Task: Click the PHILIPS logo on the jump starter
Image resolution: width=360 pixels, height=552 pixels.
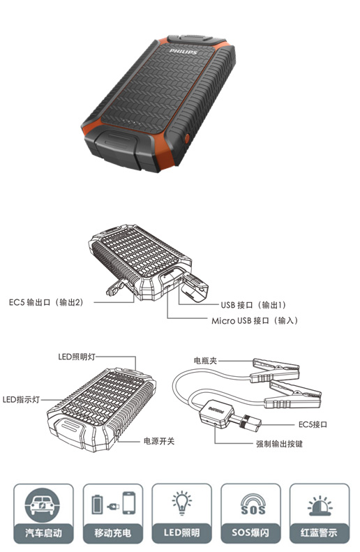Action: coord(183,52)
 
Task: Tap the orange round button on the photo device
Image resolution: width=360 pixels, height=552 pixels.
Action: coord(186,137)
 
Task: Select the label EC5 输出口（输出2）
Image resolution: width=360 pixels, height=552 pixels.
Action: coord(46,302)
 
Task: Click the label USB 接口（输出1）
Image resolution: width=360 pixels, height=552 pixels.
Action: coord(253,305)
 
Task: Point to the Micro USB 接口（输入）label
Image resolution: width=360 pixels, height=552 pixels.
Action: coord(255,321)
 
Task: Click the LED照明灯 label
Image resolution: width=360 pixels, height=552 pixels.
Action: coord(77,357)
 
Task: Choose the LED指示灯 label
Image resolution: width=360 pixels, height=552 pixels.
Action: coord(21,400)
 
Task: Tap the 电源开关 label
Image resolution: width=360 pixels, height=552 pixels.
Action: coord(158,441)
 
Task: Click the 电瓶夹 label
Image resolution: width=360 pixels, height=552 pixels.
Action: coord(205,361)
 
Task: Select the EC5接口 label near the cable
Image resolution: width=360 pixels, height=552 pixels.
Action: coord(313,424)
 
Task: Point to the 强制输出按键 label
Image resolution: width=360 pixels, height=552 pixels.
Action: coord(279,444)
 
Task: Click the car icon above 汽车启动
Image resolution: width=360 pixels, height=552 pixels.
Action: coord(43,505)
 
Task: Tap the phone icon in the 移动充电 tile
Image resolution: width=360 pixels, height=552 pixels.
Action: coord(129,503)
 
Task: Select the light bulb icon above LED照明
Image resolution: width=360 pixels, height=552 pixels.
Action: coord(182,502)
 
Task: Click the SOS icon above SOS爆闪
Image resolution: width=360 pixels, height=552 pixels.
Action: coord(253,504)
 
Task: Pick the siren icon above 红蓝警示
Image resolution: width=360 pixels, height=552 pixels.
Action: coord(320,506)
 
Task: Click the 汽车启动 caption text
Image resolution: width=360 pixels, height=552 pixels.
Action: coord(43,533)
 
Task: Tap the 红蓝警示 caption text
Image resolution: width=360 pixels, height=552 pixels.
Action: coord(319,533)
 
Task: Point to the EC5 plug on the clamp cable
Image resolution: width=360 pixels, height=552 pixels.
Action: coord(248,421)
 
